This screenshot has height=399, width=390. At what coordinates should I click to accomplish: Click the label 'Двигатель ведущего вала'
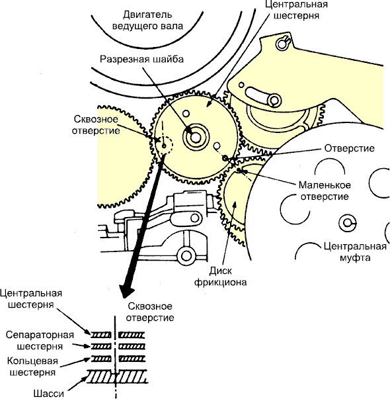coord(147,21)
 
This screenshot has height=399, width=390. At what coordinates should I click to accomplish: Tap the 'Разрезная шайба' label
coord(141,59)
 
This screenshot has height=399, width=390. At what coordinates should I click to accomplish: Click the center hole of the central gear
coord(196,138)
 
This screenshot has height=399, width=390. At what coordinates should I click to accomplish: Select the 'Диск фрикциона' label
coord(220,277)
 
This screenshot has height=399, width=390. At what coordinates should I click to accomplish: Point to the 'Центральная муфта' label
coord(355,252)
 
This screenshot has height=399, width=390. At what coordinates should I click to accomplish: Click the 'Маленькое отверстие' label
coord(325,191)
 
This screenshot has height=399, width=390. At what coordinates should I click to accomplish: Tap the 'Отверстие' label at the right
coord(349,148)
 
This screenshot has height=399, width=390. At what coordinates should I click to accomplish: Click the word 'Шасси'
coord(48,394)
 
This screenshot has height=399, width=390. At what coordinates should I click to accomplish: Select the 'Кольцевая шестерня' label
coord(32,367)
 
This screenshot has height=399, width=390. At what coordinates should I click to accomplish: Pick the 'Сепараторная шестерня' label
coord(40,341)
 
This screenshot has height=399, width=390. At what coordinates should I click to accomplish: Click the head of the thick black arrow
coord(126,290)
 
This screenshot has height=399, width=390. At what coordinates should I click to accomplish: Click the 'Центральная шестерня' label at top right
coord(296,10)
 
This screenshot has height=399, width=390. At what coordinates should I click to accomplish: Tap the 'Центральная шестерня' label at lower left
coord(31,298)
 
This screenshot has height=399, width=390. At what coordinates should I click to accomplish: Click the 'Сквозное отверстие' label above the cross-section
coord(150,312)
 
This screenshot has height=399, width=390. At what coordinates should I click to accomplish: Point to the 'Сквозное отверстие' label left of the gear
coord(96,125)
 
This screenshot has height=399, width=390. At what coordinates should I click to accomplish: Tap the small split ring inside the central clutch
coord(347,223)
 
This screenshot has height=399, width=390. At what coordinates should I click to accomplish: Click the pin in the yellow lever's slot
coord(274,100)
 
